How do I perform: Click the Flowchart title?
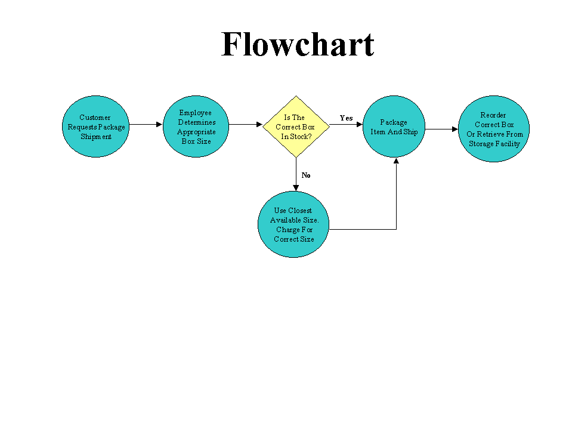(x=298, y=44)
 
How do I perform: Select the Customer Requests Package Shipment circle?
(x=95, y=126)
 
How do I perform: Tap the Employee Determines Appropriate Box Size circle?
(x=196, y=126)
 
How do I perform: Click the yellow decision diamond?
(x=296, y=126)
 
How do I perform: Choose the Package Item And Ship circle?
(x=394, y=126)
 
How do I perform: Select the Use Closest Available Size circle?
(x=293, y=224)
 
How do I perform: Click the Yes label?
(x=346, y=118)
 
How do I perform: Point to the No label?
(x=306, y=175)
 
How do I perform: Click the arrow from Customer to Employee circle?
(x=146, y=124)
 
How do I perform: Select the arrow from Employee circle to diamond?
(x=246, y=125)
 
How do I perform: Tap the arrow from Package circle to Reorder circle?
(x=441, y=128)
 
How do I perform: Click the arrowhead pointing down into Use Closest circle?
(x=296, y=187)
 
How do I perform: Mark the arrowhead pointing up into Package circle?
(x=396, y=161)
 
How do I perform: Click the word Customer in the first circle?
(x=95, y=118)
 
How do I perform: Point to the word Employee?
(x=195, y=113)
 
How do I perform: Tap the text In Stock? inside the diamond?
(x=296, y=137)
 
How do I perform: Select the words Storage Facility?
(x=494, y=144)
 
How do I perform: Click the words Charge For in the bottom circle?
(x=294, y=230)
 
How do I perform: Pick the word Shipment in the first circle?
(x=96, y=137)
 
